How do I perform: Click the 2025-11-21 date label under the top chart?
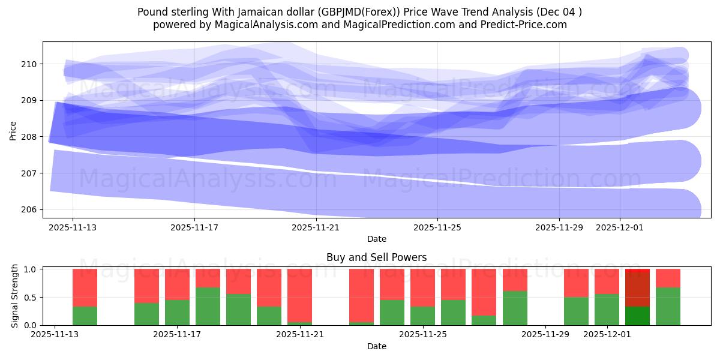[316, 228]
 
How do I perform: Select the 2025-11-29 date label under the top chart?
[559, 228]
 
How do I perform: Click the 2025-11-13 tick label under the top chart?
[73, 228]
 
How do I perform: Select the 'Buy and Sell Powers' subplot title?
[376, 257]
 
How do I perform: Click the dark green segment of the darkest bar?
[637, 316]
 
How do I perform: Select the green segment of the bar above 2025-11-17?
[178, 312]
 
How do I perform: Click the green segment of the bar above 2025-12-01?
[607, 310]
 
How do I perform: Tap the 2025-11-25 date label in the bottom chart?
[424, 335]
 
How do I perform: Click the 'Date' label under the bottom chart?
[376, 346]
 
